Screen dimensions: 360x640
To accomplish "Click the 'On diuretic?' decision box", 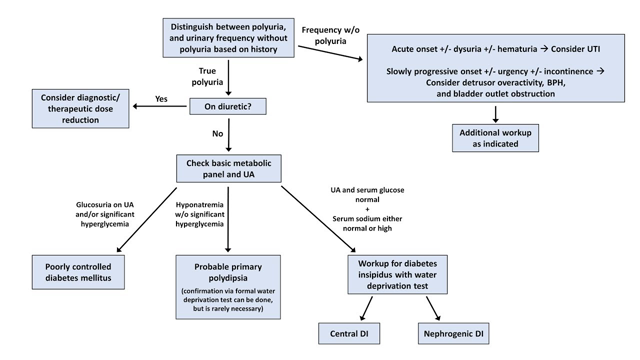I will click(x=230, y=103).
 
